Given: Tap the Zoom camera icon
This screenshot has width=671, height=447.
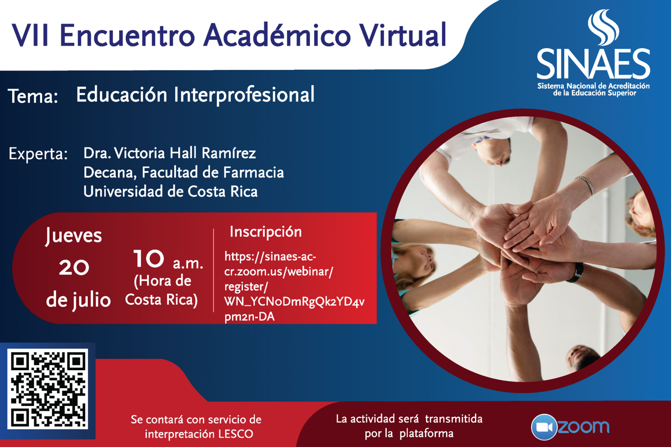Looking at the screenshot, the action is [544, 427].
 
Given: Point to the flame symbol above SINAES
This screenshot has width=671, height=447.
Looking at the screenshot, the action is [603, 28].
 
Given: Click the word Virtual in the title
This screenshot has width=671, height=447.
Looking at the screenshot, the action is [403, 35].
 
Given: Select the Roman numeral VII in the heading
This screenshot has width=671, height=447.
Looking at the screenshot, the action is [30, 35].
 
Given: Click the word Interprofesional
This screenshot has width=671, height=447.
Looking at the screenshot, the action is [245, 96].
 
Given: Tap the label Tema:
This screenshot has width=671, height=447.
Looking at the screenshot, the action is [33, 96].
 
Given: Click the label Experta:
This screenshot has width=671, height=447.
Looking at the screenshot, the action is [38, 154].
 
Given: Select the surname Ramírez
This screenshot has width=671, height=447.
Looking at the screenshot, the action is [229, 153].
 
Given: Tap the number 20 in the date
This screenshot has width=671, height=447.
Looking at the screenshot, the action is [74, 267].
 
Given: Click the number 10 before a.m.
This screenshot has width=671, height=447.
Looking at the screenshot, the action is [149, 258].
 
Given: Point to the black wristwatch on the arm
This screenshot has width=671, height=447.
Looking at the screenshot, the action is [577, 273].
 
